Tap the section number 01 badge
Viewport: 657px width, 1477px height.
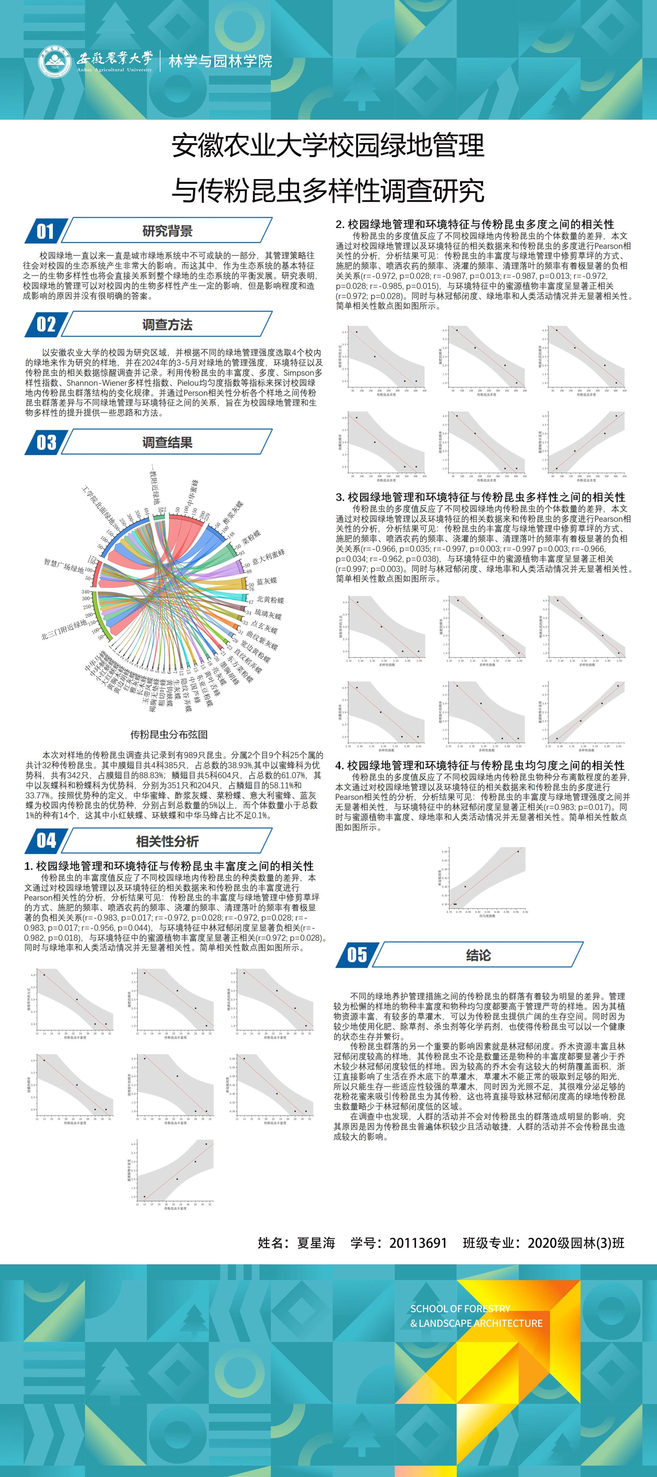pos(46,231)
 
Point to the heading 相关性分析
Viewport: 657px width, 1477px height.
pos(167,842)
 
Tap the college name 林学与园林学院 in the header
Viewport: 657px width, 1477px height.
pos(220,61)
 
